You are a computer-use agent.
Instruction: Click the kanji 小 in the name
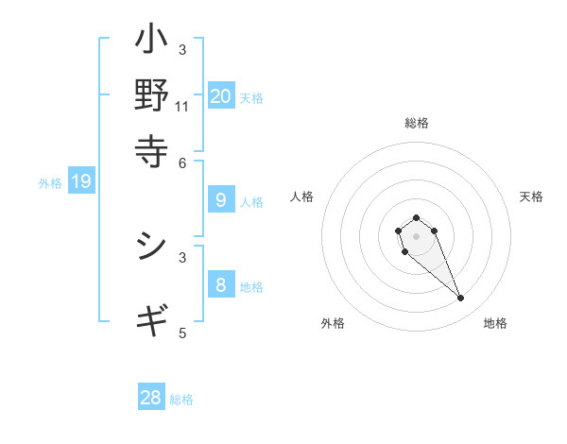point(152,41)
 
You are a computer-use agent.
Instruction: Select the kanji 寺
point(152,148)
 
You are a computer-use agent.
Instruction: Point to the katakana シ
point(152,248)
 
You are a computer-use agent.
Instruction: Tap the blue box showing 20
point(220,95)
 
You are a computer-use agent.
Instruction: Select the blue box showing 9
point(220,199)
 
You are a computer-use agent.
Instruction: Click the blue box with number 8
point(220,284)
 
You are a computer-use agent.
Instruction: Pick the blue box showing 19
point(80,182)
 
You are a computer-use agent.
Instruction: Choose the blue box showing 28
point(151,398)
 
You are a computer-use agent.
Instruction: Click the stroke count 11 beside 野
point(182,106)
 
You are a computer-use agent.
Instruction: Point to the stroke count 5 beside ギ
point(182,333)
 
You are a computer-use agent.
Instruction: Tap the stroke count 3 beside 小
point(182,49)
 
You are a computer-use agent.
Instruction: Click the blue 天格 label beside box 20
point(251,97)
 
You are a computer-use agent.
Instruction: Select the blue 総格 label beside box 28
point(181,400)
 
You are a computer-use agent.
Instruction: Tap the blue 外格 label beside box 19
point(50,183)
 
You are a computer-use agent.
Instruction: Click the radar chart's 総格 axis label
point(416,123)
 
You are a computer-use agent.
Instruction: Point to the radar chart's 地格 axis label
point(495,323)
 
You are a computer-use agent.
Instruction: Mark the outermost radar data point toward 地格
point(461,299)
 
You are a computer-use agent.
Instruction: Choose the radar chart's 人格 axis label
point(302,196)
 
